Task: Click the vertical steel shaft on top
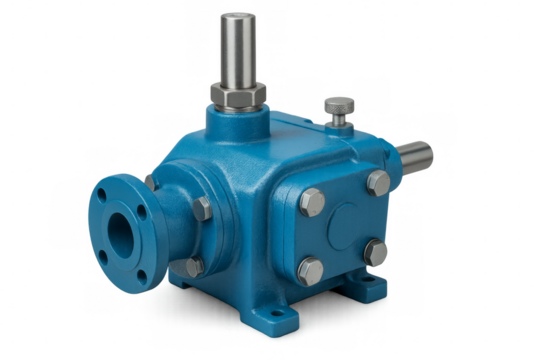[241, 50]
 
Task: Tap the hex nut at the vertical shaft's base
[240, 98]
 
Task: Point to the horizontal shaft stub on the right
[418, 159]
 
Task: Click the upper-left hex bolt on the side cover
[311, 201]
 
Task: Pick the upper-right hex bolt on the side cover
[377, 183]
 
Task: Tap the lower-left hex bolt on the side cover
[310, 269]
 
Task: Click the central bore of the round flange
[121, 236]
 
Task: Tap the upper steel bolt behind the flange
[201, 208]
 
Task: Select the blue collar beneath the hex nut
[240, 119]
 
